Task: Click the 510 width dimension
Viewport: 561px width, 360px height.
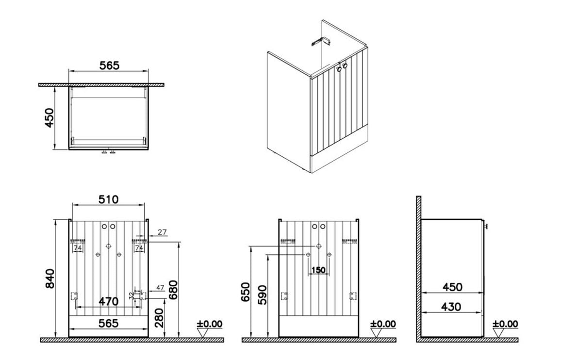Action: tap(108, 199)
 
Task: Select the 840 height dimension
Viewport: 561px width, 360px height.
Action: tap(49, 278)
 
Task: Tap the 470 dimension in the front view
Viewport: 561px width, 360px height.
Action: tap(108, 301)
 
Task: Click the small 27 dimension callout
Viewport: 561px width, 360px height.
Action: tap(162, 232)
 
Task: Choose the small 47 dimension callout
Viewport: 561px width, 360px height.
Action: tap(160, 287)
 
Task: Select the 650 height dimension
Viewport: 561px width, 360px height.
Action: tap(246, 292)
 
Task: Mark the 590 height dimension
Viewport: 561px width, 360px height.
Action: tap(262, 295)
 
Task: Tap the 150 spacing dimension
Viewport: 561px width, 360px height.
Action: tap(318, 270)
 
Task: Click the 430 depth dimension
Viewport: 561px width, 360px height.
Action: tap(451, 307)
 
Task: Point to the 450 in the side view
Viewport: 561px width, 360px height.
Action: tap(452, 287)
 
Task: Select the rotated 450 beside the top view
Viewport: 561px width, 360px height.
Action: tap(49, 118)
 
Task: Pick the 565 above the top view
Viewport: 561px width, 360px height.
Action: tap(109, 65)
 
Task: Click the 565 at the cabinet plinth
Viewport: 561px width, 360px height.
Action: tap(108, 323)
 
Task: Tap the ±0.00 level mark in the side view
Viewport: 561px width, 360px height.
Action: tap(505, 324)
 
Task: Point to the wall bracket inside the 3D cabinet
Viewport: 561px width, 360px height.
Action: tap(321, 41)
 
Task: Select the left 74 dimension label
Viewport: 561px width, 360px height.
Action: tap(78, 247)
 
